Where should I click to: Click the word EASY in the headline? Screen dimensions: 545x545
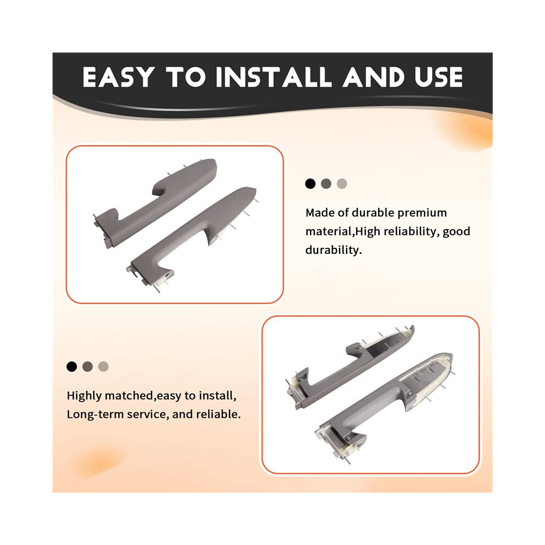point(118,77)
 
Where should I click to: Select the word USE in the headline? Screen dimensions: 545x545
point(439,77)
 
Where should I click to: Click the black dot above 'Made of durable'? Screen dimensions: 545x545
point(310,183)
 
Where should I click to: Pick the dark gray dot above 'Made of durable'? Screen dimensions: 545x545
point(326,183)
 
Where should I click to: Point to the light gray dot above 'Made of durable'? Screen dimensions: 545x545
point(342,183)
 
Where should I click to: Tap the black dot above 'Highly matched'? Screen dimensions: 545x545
point(72,366)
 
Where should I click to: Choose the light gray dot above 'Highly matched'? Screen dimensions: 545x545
point(103,366)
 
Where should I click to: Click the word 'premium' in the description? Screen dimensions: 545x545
point(422,213)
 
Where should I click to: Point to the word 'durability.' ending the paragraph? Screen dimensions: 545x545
point(333,250)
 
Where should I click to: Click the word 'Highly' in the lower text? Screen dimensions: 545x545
point(84,396)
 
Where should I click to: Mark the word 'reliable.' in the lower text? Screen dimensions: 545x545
point(219,415)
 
